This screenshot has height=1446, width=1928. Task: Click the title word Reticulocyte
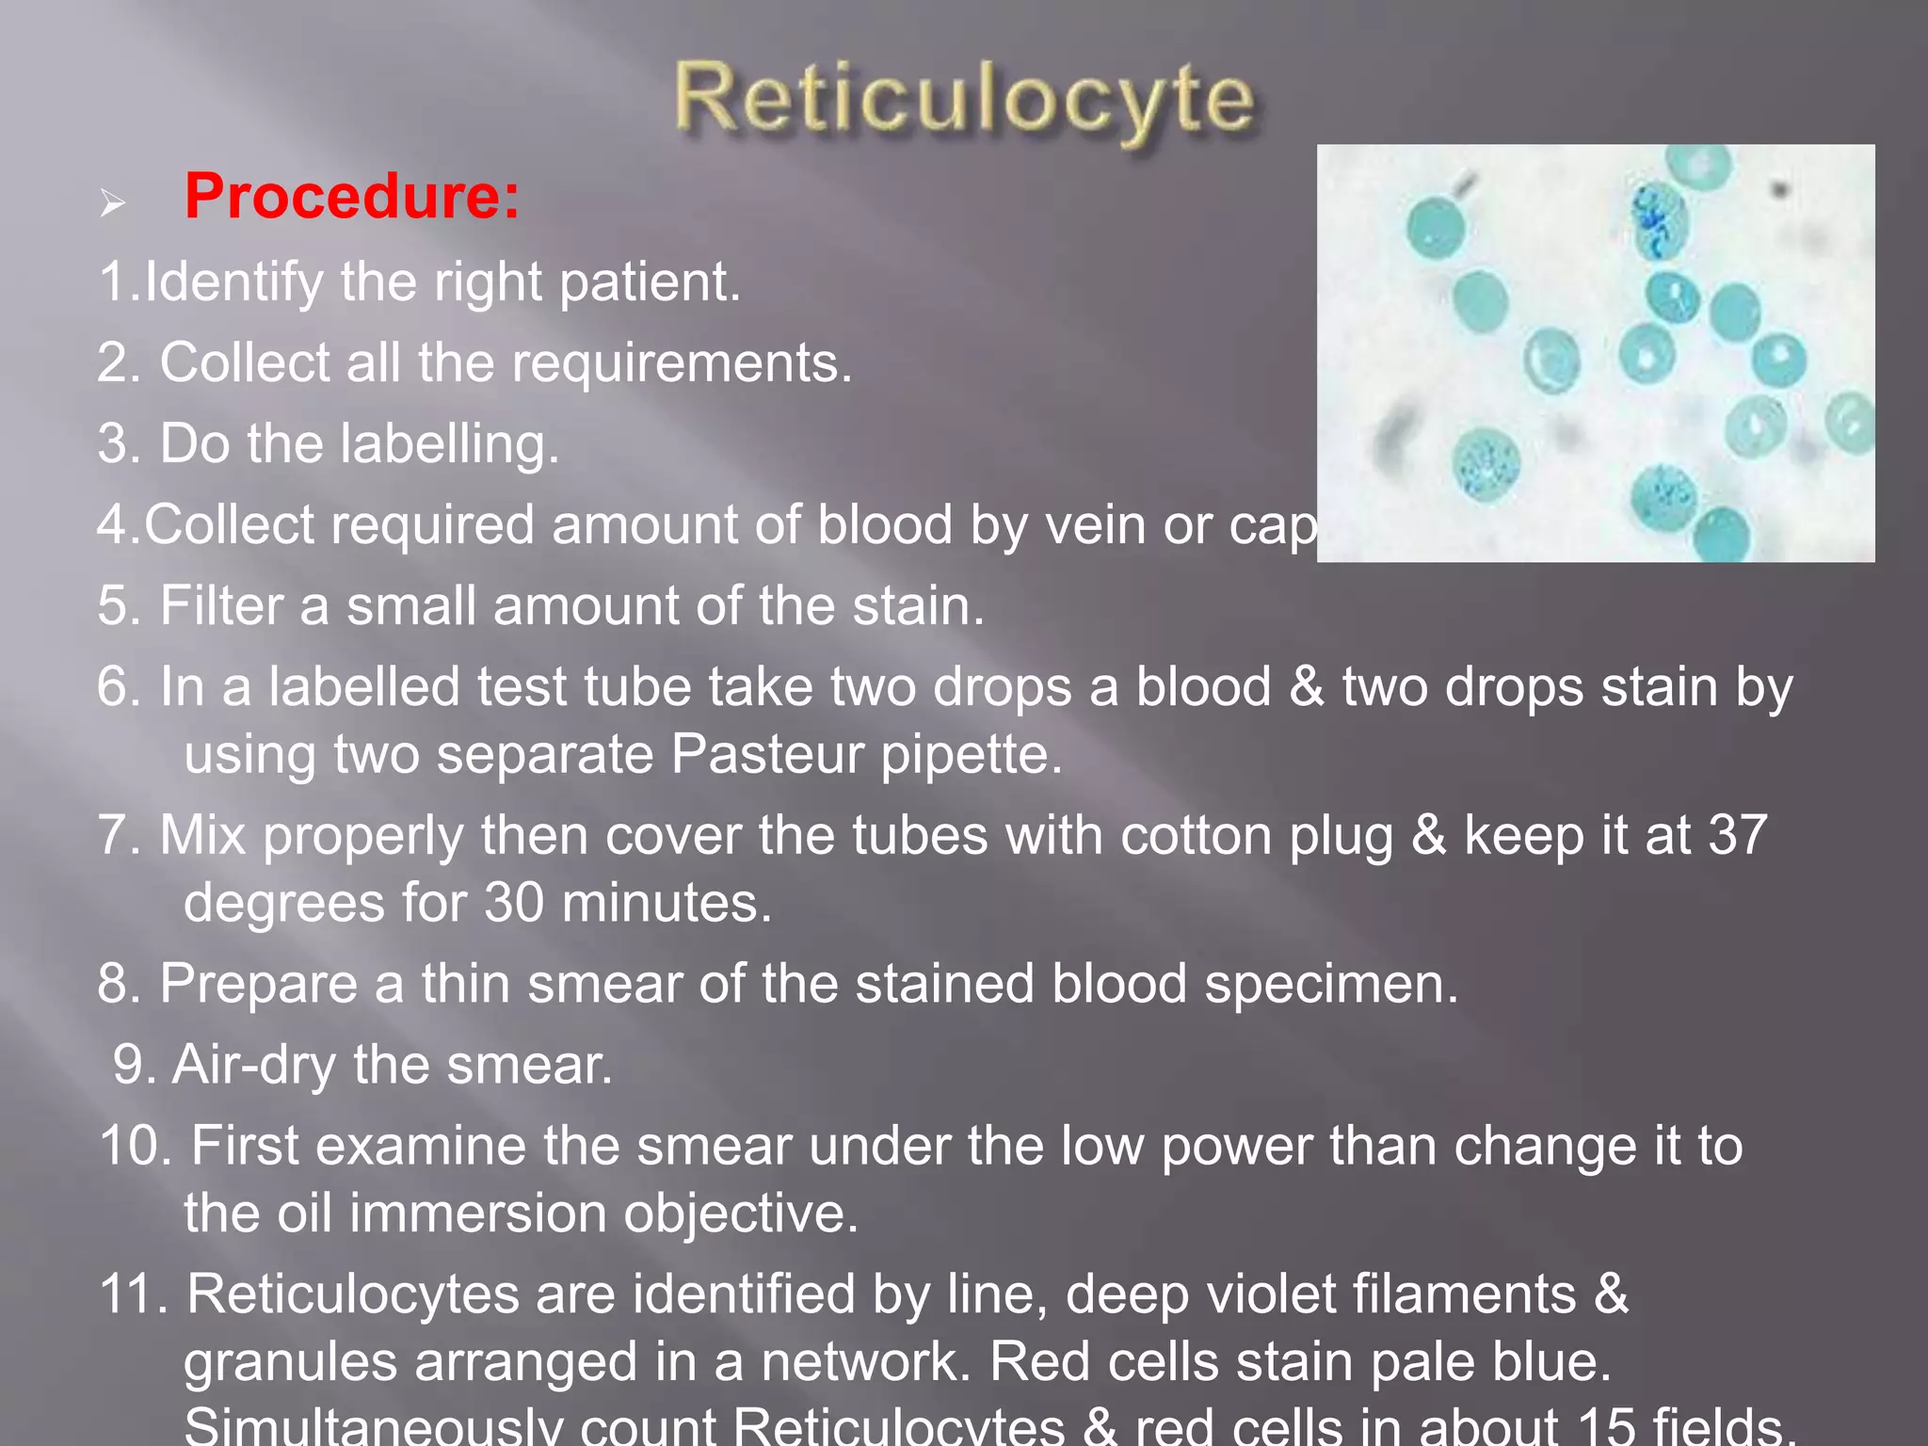[x=964, y=100]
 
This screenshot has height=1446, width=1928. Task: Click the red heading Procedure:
[x=352, y=197]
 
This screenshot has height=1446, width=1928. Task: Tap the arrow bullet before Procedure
[x=113, y=202]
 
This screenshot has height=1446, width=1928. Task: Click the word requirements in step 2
[x=636, y=362]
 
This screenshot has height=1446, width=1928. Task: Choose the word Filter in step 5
[x=221, y=605]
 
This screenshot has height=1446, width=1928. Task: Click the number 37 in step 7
[x=1738, y=835]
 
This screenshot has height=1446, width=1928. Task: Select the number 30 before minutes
[x=514, y=903]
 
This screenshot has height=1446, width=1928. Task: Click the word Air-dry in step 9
[x=254, y=1065]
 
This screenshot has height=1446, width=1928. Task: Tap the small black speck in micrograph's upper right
[x=1779, y=191]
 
